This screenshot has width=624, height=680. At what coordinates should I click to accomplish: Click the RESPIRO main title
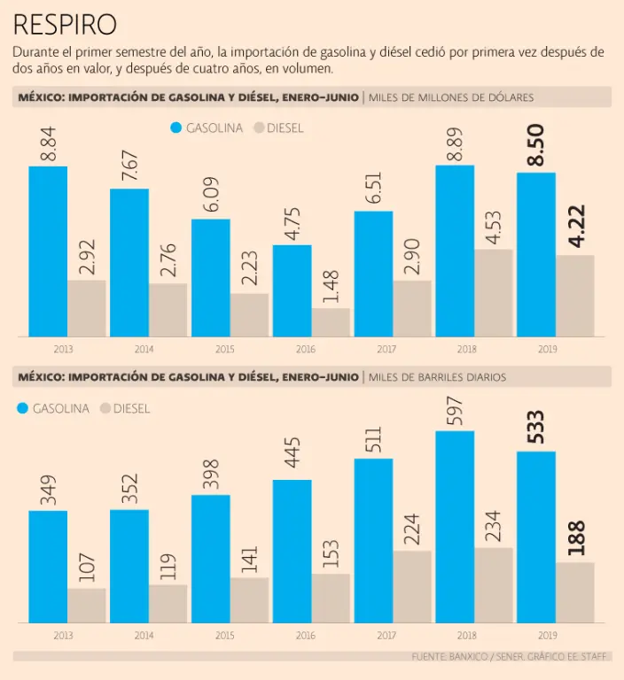65,23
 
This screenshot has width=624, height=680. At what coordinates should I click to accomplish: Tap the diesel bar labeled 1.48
331,322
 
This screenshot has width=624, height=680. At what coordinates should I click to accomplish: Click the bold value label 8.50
535,145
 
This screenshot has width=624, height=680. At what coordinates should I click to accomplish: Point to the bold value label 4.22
575,228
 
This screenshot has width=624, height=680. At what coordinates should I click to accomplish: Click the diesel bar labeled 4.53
494,292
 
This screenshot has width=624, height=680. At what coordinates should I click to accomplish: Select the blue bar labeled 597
455,526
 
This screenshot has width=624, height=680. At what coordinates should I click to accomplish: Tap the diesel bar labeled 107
87,605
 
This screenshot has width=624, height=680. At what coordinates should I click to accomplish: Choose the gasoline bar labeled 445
292,551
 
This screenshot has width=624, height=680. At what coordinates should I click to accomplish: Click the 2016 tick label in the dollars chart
307,349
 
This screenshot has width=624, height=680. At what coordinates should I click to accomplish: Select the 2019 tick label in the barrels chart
548,635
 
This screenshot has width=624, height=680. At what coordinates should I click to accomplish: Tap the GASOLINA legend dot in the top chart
175,127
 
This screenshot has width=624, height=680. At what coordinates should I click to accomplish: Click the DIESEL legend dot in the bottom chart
105,408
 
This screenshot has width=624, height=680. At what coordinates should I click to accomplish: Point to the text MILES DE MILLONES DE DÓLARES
451,97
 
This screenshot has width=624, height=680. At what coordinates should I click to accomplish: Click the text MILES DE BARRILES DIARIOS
437,377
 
